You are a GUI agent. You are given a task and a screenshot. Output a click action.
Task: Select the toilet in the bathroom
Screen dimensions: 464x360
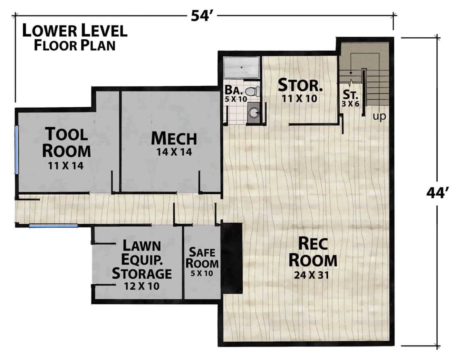(x=253, y=92)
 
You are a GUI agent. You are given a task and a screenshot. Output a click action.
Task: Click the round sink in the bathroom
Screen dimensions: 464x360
(x=254, y=112)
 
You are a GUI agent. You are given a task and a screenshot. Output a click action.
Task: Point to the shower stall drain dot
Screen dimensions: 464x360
(x=241, y=67)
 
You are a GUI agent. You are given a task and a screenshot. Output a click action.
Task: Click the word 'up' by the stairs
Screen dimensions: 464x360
(x=380, y=117)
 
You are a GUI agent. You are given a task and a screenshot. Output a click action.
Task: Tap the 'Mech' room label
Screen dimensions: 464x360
(x=174, y=139)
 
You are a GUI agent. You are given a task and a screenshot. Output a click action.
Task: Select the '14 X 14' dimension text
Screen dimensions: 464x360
(x=174, y=152)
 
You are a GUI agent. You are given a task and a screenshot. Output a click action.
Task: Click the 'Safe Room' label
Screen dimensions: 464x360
(x=202, y=258)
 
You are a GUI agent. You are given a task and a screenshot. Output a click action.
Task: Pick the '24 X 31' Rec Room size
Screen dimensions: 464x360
(x=311, y=276)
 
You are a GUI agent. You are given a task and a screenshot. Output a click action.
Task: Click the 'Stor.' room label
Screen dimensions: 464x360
(x=300, y=85)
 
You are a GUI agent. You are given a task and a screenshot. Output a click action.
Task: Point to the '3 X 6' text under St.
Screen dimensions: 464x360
(x=350, y=104)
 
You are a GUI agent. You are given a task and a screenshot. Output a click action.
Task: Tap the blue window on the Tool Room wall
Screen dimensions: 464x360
(x=16, y=150)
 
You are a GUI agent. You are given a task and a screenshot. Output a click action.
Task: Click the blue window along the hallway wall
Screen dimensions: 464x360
(x=53, y=226)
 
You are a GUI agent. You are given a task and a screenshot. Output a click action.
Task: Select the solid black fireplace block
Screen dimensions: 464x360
(x=232, y=258)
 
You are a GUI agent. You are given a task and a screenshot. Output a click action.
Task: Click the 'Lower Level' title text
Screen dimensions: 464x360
(x=75, y=31)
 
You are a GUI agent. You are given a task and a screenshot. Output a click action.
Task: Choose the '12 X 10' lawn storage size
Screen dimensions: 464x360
(x=142, y=286)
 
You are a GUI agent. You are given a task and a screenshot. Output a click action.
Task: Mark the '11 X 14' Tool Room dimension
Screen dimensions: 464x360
(x=65, y=166)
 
